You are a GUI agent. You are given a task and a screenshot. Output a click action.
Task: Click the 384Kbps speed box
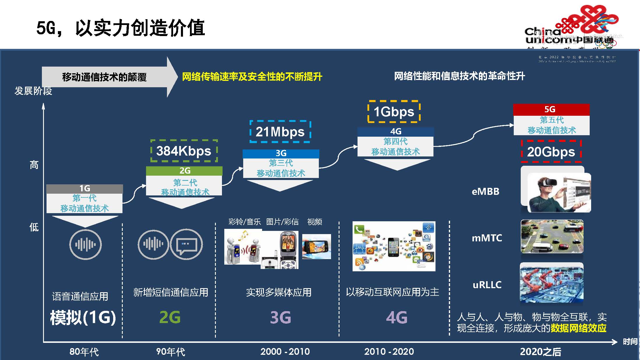184,151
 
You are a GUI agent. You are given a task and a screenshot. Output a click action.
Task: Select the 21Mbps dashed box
280,132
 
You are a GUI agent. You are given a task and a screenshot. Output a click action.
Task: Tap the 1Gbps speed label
394,112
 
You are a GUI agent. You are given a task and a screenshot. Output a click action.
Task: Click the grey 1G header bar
85,188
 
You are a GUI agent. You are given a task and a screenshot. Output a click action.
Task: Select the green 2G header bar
184,171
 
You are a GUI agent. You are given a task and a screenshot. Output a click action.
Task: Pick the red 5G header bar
551,109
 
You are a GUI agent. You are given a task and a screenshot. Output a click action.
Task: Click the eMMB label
486,192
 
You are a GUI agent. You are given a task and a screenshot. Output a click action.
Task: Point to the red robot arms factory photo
552,283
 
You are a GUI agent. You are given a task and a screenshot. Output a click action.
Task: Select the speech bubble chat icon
186,244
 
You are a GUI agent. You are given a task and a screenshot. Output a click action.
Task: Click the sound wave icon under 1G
86,244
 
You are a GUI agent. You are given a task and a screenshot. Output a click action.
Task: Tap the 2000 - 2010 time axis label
285,352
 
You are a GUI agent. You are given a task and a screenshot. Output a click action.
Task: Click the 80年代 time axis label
84,352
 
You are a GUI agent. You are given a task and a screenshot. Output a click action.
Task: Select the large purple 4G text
397,317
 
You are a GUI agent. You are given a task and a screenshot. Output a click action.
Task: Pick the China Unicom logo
570,29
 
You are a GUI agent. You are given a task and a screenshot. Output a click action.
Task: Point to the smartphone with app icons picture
394,246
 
